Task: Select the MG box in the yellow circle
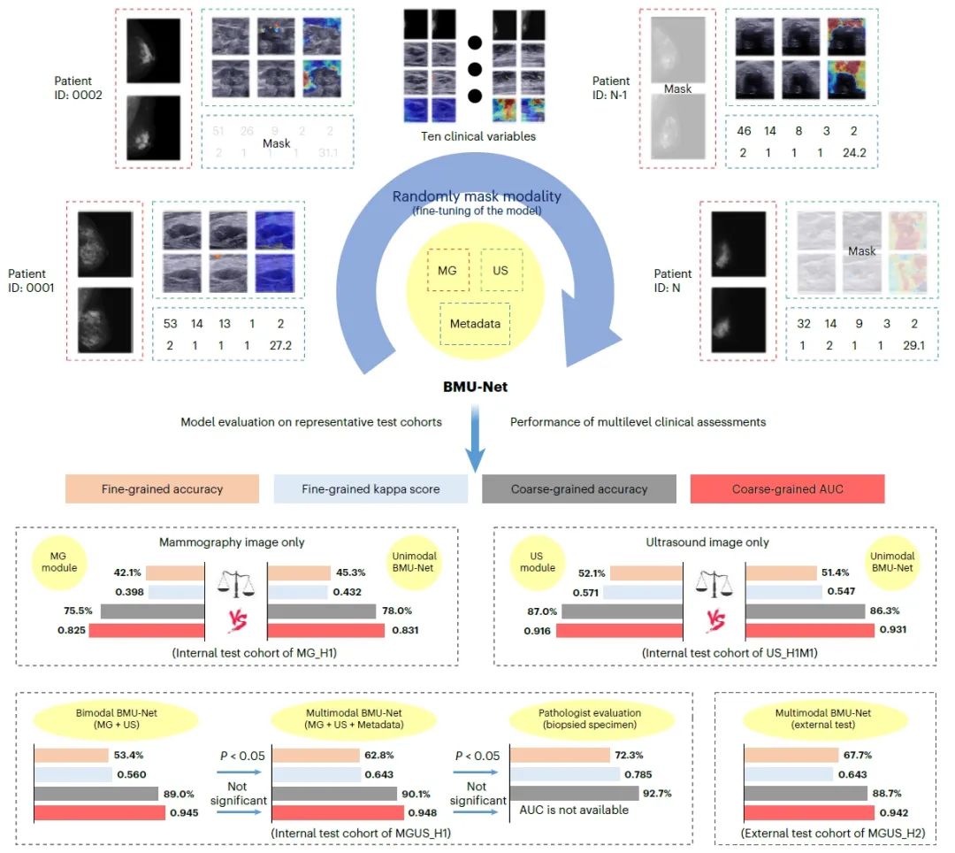point(447,270)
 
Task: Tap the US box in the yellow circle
point(500,270)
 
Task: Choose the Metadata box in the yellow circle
point(475,324)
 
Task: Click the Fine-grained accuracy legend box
point(162,489)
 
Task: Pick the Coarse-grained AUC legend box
point(788,489)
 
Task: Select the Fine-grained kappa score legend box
point(371,489)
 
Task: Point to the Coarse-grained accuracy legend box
point(579,489)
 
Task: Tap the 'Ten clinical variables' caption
point(480,136)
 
